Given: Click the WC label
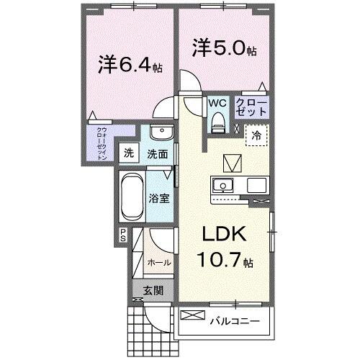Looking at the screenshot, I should (217, 103).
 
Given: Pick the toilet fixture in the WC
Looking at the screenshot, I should (217, 123).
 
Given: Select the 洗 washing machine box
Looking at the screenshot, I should (128, 153).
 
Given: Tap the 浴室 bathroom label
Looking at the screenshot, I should (160, 198).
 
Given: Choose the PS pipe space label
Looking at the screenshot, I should (123, 235).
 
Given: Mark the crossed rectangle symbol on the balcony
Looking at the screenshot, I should (192, 315).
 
